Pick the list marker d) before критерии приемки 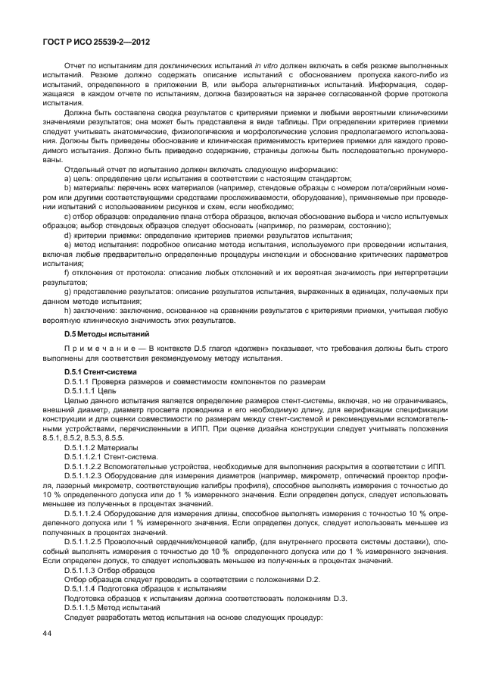pos(68,236)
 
